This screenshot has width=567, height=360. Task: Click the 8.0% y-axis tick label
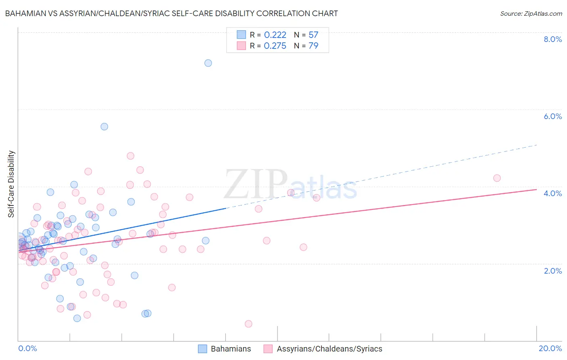(x=552, y=39)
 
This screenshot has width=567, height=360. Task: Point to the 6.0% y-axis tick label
(x=552, y=116)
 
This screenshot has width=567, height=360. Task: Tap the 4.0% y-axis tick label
(x=552, y=193)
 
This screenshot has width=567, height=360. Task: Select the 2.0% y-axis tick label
(x=552, y=271)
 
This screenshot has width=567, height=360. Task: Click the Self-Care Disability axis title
(x=11, y=184)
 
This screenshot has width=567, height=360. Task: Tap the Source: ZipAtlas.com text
(x=531, y=14)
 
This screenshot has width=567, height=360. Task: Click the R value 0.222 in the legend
(x=275, y=35)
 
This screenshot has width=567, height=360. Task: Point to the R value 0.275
(x=275, y=46)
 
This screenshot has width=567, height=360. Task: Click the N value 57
(x=313, y=35)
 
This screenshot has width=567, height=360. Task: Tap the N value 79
(x=313, y=46)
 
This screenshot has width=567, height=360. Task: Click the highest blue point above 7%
(x=208, y=63)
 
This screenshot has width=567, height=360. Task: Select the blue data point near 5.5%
(x=104, y=127)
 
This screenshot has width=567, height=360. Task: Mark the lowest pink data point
(x=248, y=324)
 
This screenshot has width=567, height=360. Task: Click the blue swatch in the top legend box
(x=241, y=35)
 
